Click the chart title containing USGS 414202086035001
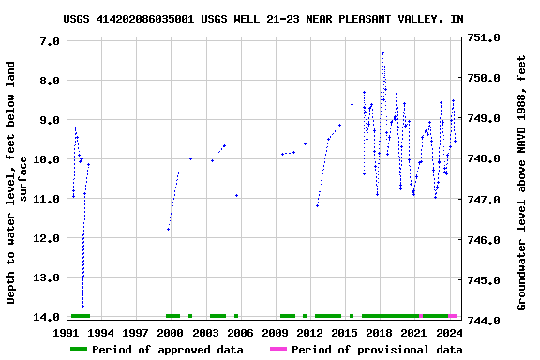point(262,19)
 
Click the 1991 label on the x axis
point(67,333)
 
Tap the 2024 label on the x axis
point(448,333)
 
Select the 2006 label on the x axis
point(240,333)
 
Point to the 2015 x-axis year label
point(344,333)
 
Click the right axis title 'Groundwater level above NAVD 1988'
point(522,182)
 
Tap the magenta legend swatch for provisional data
point(278,350)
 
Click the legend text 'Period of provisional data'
point(376,350)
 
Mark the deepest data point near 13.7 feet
point(82,306)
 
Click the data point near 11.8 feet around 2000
point(168,229)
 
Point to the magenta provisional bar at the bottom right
point(453,316)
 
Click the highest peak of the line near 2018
point(382,53)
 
